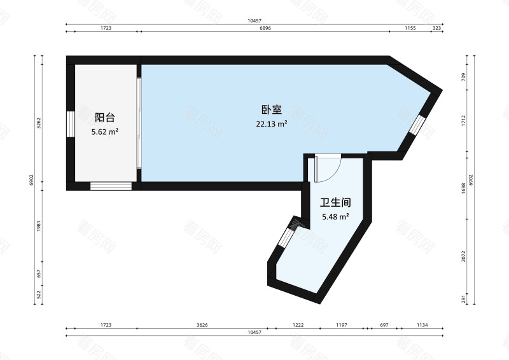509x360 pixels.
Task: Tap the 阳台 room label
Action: click(105, 117)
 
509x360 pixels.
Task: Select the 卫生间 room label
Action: click(335, 203)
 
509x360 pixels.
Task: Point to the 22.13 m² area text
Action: click(272, 124)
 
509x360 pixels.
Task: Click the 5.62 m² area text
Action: click(105, 132)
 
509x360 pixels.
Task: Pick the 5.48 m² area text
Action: click(335, 217)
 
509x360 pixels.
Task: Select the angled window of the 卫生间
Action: click(286, 238)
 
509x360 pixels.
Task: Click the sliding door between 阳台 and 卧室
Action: click(139, 123)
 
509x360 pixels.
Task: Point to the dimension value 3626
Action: click(202, 325)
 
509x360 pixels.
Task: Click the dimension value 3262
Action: click(39, 123)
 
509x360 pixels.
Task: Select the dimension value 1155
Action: click(410, 29)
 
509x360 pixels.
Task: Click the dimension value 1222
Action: click(298, 325)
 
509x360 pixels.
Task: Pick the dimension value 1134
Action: click(421, 325)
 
